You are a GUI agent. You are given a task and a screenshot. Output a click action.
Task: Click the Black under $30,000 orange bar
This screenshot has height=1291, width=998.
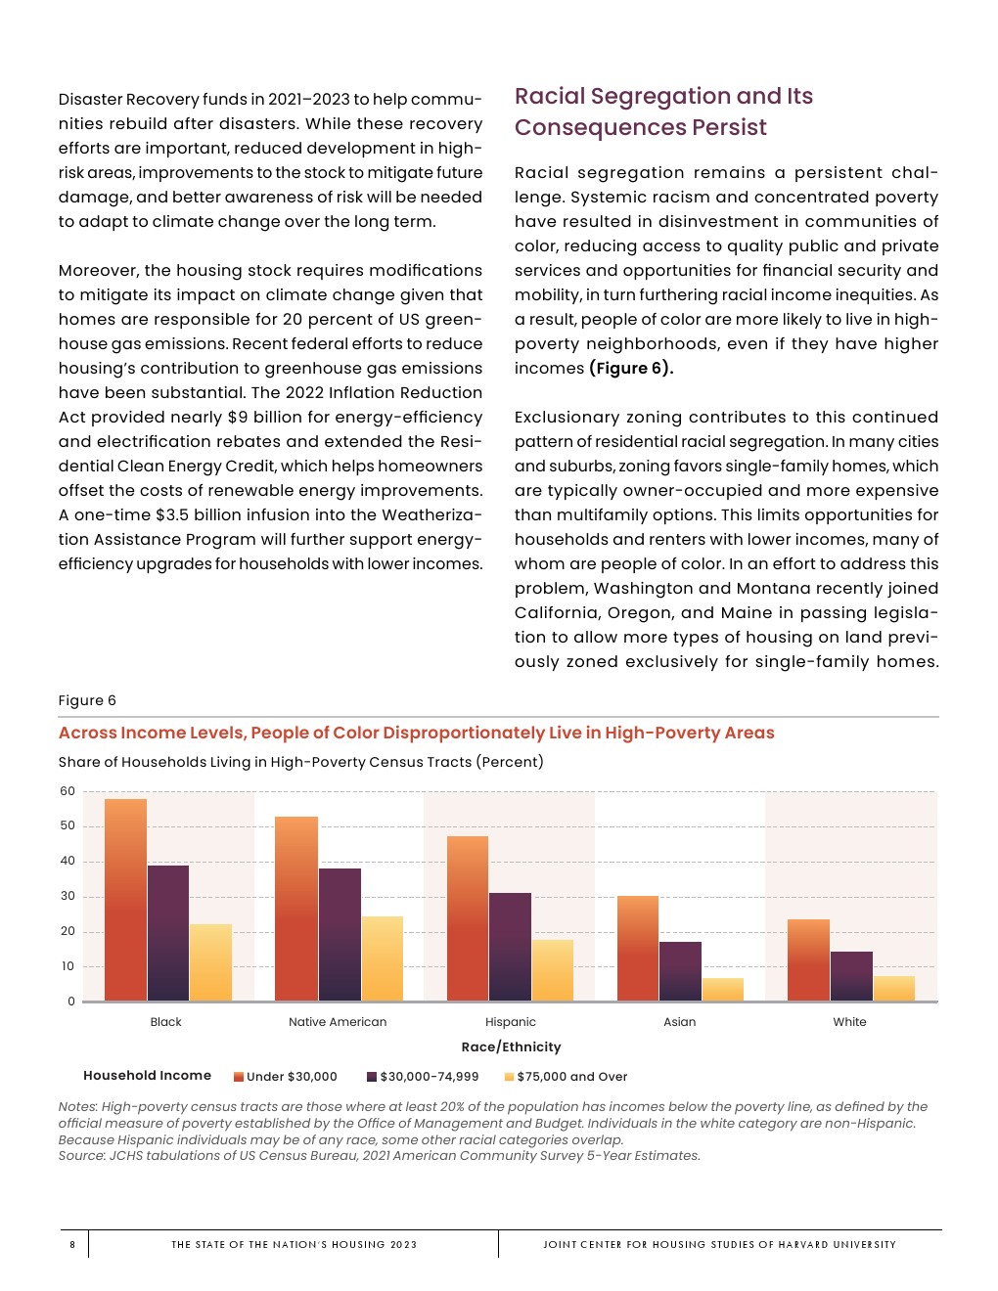pos(125,900)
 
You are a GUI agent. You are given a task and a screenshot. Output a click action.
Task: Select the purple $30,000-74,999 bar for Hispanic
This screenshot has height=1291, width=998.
pos(510,947)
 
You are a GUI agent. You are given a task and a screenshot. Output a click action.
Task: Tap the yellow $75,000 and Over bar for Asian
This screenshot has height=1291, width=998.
pos(723,989)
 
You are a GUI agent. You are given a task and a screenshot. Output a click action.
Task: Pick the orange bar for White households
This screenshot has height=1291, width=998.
pos(808,959)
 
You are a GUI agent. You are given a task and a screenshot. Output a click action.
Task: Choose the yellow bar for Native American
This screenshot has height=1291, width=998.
pos(383,958)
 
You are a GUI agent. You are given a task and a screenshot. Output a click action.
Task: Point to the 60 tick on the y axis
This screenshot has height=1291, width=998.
pos(68,791)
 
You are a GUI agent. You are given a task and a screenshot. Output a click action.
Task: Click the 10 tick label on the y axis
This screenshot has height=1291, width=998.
pos(68,966)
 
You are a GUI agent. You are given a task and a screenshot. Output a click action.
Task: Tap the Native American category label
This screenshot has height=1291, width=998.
pos(338,1022)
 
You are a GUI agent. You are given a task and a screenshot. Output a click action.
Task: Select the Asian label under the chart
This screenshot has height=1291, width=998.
pos(680,1022)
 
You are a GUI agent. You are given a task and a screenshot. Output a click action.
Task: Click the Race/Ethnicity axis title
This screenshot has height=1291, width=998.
pos(511,1046)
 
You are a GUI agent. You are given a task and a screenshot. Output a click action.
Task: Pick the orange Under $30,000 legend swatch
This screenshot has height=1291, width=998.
pos(239,1077)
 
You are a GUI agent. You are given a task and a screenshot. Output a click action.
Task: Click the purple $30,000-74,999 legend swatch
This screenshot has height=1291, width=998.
pos(372,1077)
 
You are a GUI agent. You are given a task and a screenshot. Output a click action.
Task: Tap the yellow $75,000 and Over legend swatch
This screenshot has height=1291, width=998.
pos(509,1077)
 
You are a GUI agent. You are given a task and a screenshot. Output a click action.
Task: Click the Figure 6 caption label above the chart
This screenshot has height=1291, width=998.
pos(87,700)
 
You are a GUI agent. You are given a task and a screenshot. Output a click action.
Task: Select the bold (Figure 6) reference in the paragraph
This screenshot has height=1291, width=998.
pos(631,369)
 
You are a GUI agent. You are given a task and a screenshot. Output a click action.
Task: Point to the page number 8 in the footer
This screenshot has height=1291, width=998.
pos(72,1245)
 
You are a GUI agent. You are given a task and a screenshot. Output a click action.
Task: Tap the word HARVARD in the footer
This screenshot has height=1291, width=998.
pos(803,1245)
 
